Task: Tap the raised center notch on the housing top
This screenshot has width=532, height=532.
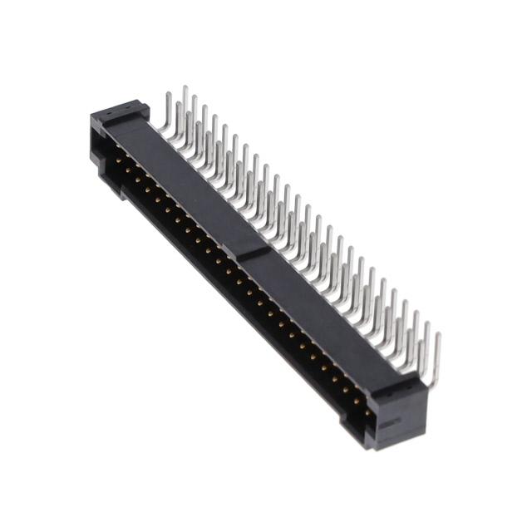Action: [254, 251]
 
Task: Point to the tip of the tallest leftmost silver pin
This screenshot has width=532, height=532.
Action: [185, 88]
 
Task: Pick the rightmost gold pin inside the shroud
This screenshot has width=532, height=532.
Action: [368, 411]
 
